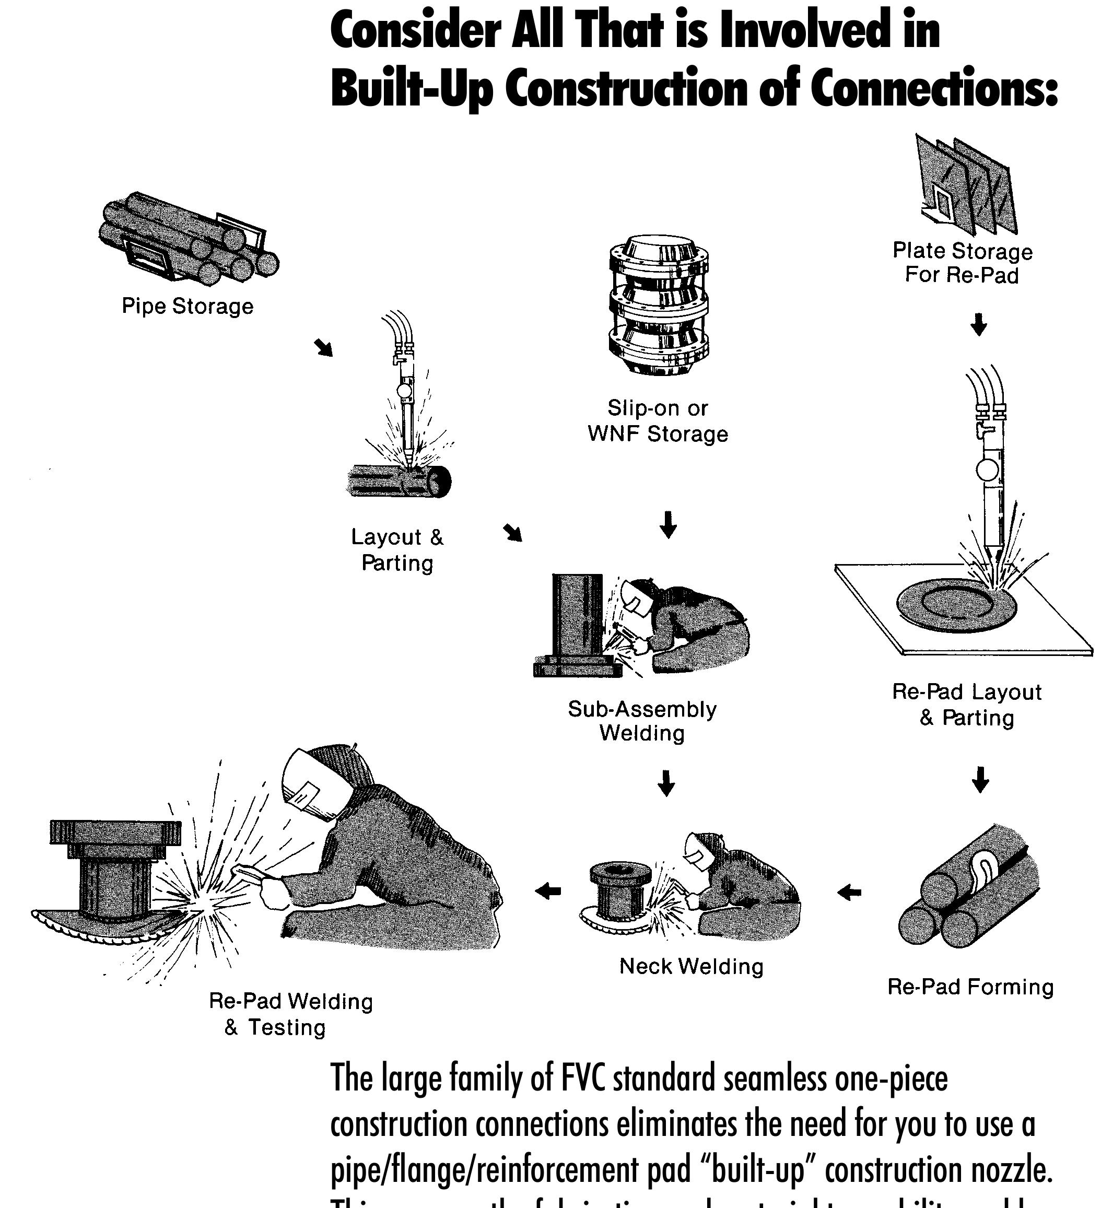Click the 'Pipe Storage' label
tap(188, 306)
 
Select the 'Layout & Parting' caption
tap(397, 550)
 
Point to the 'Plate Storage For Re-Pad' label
tap(962, 263)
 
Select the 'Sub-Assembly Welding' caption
tap(642, 721)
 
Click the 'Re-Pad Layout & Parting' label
tap(967, 705)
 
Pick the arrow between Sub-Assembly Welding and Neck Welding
tap(665, 783)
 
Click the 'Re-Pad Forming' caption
tap(970, 987)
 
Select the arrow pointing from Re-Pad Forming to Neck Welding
tap(849, 892)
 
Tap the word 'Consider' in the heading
tap(415, 32)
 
